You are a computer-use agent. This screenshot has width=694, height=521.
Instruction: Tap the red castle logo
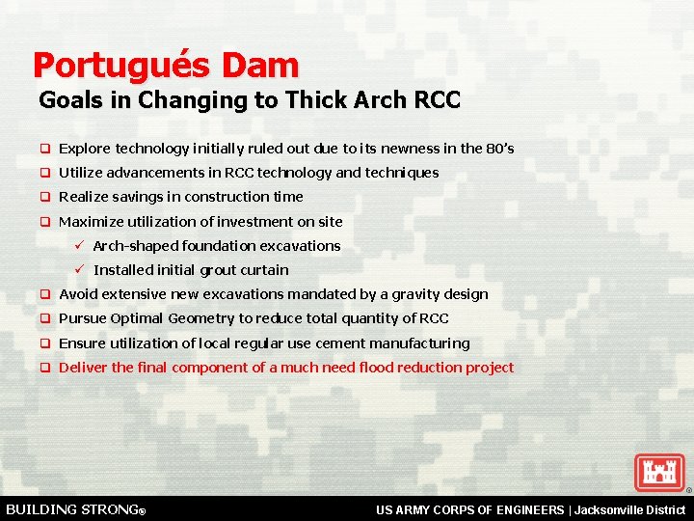pos(659,473)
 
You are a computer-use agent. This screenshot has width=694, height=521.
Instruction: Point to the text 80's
pos(499,149)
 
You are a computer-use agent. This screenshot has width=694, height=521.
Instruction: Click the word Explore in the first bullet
pos(84,149)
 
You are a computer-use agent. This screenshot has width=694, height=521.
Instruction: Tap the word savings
pos(133,197)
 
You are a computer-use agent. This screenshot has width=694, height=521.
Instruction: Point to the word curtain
pos(263,270)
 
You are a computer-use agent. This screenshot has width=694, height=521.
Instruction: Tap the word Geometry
pos(200,318)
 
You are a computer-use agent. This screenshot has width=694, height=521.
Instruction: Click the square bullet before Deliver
pos(44,368)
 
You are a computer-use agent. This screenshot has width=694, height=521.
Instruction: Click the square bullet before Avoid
pos(44,294)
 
